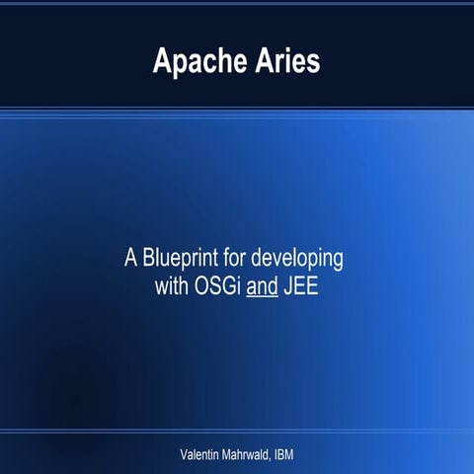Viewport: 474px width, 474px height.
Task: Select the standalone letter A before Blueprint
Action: pos(130,261)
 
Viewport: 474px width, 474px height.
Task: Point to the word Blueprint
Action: pos(179,261)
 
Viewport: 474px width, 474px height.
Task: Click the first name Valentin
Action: pos(197,453)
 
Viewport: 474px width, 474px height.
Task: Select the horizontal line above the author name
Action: pos(237,431)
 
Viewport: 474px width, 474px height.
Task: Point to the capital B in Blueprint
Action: pos(148,261)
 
